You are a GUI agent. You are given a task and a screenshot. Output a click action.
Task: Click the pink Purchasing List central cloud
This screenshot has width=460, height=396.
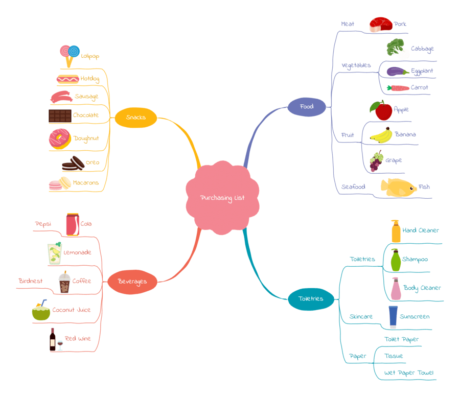(222, 198)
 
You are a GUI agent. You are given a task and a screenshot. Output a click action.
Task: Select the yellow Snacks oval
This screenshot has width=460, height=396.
(135, 118)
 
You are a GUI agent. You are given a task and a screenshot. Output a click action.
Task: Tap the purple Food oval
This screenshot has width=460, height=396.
(307, 106)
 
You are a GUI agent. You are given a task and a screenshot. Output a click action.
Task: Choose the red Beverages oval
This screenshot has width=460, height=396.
(132, 282)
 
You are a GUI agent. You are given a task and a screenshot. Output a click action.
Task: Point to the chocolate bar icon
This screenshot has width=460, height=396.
(60, 116)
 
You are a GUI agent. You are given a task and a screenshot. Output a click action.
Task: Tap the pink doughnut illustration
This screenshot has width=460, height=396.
(59, 139)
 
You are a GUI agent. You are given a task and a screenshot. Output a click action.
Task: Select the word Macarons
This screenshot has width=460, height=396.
(86, 182)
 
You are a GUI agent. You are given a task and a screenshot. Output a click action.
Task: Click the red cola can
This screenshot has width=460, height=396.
(73, 224)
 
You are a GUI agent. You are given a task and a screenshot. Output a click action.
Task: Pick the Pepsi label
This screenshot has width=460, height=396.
(43, 224)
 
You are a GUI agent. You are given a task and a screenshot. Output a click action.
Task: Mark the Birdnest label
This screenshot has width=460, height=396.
(31, 281)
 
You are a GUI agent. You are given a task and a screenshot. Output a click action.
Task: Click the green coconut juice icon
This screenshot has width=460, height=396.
(41, 311)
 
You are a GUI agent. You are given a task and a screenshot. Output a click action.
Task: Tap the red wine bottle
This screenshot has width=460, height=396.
(53, 340)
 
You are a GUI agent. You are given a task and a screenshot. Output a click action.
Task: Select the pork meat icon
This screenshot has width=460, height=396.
(380, 25)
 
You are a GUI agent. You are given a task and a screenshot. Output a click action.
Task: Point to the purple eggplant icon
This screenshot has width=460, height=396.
(397, 72)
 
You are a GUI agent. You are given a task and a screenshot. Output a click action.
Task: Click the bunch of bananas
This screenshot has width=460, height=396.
(381, 135)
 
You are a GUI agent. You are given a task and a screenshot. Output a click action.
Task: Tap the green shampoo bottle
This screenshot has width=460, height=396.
(396, 260)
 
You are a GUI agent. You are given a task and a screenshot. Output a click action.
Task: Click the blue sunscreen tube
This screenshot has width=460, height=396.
(393, 317)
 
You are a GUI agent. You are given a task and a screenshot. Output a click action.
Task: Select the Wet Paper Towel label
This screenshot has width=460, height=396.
(409, 372)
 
